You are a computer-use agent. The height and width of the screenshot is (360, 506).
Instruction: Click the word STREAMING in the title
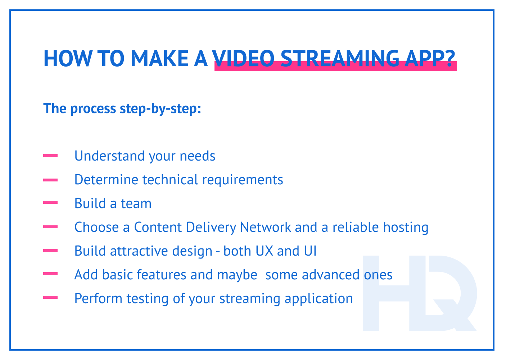(x=339, y=58)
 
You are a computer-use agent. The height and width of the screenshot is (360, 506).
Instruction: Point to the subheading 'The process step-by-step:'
(x=122, y=108)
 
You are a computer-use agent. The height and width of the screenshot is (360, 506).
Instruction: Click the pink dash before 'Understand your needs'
(x=50, y=156)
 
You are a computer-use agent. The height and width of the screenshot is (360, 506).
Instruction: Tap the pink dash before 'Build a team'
(x=50, y=203)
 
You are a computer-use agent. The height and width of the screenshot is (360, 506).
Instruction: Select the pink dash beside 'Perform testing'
(x=50, y=298)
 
